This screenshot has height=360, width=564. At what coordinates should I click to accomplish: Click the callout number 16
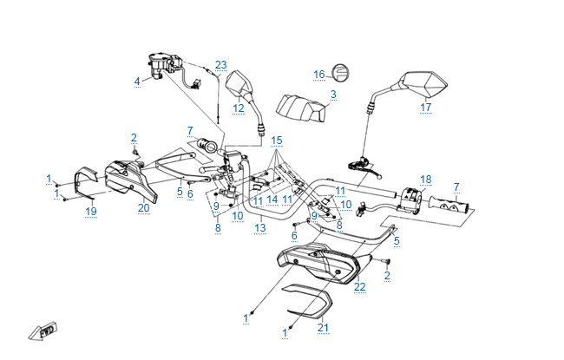(x=318, y=74)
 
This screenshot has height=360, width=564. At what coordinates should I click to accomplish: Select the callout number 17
(x=425, y=108)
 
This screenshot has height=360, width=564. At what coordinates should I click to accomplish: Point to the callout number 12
(x=239, y=108)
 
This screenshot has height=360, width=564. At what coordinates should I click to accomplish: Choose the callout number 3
(x=333, y=94)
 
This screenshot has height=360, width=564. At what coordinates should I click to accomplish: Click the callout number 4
(x=136, y=82)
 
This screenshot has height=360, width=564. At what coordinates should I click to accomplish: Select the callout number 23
(x=220, y=65)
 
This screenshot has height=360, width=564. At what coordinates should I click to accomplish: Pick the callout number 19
(x=90, y=211)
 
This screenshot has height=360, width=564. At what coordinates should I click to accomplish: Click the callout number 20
(x=144, y=207)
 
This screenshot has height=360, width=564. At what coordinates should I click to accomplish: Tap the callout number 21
(x=324, y=327)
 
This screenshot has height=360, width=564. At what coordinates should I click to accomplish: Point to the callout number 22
(x=360, y=286)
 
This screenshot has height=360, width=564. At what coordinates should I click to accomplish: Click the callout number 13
(x=260, y=228)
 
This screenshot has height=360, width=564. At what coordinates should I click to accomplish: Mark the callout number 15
(x=277, y=140)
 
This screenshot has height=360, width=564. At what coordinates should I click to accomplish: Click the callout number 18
(x=425, y=180)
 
